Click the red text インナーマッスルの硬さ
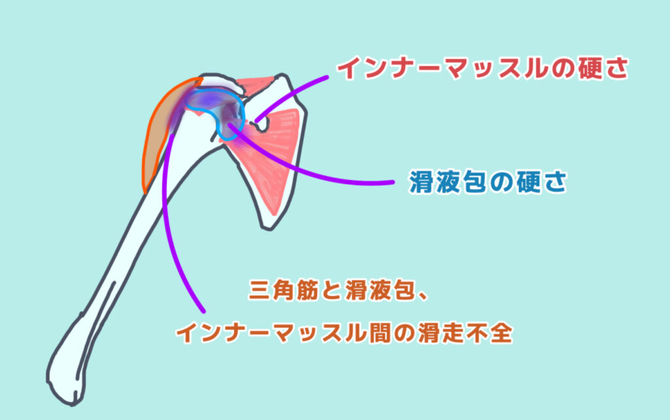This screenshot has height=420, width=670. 483,68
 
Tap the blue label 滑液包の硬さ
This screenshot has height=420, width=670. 488,182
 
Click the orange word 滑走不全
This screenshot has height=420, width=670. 465,332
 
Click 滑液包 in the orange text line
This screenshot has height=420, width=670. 379,290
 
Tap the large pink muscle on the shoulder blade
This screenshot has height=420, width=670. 269,154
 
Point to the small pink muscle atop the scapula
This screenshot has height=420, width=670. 256,84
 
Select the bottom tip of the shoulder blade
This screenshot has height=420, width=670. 268,228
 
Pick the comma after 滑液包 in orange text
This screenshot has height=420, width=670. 423,298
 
